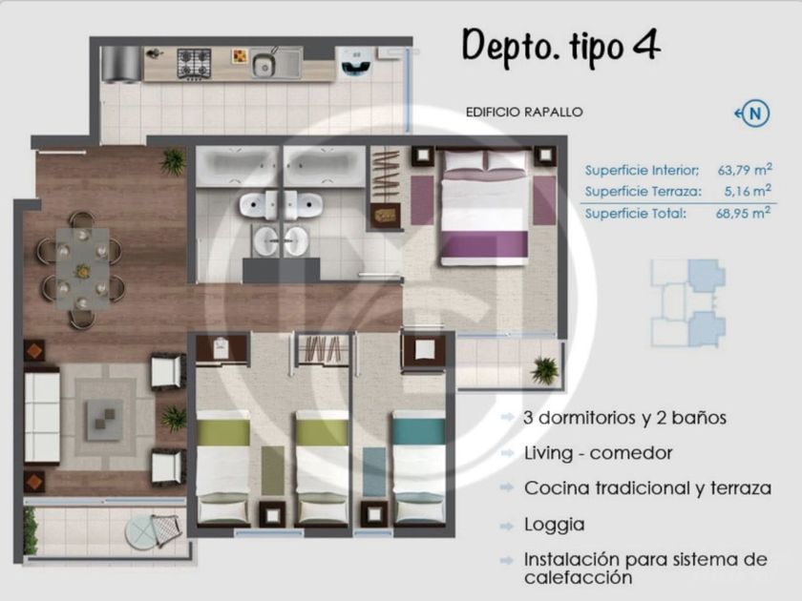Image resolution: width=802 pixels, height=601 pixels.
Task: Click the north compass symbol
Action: [753, 113]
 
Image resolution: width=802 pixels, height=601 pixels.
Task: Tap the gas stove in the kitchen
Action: [195, 64]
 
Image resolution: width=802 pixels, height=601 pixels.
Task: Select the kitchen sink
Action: [276, 63]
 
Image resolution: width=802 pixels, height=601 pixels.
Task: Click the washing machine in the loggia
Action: [354, 63]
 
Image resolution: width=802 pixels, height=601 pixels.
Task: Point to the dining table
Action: [82, 269]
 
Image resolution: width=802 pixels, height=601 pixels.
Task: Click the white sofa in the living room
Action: [42, 417]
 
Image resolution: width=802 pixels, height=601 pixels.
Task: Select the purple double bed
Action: [484, 207]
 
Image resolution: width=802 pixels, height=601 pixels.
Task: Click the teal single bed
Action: [418, 467]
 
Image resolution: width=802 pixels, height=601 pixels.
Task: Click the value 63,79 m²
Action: [745, 170]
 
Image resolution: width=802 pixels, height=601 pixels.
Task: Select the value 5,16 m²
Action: [748, 191]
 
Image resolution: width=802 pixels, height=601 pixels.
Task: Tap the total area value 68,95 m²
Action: [743, 213]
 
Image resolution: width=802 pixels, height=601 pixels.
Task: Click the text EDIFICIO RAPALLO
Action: [524, 112]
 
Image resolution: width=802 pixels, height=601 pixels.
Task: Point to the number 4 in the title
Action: [646, 45]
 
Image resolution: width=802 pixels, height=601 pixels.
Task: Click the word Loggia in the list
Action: [554, 525]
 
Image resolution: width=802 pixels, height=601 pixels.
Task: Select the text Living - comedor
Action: [598, 453]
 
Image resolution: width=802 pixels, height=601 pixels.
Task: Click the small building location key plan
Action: [688, 303]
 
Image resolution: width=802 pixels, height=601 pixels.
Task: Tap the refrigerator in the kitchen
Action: [120, 65]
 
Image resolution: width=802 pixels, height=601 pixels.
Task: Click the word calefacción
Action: [579, 578]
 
